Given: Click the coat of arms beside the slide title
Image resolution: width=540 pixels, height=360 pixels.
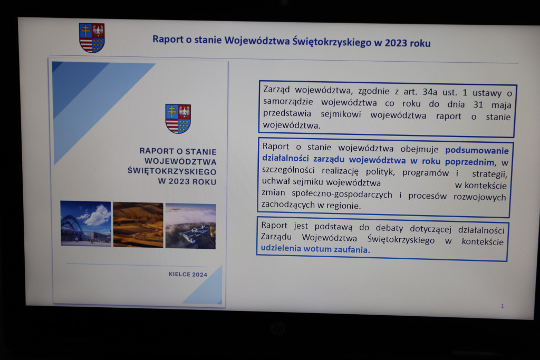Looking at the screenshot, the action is pos(92,38).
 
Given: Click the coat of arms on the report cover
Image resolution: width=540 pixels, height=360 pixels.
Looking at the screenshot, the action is pos(178,119).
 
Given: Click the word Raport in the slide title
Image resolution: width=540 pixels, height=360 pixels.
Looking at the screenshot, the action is pos(168,39).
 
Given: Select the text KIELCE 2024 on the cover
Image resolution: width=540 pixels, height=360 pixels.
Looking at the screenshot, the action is pos(188,274).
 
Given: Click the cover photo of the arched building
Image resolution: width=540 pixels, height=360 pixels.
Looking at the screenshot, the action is pos(86,223).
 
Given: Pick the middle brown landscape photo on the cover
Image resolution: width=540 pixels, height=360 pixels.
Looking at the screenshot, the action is pos(138,225).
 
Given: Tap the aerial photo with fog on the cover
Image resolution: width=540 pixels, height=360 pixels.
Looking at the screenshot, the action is pos(190,226).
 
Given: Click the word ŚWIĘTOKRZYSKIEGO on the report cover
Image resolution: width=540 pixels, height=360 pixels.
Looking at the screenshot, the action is pos(172,171).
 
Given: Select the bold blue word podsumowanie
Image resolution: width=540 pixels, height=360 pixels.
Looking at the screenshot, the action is pos(477,150).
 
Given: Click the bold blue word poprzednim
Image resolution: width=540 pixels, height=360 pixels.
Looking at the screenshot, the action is pos(470,162).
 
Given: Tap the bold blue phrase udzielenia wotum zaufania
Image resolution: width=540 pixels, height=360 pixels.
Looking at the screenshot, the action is pos(315,249).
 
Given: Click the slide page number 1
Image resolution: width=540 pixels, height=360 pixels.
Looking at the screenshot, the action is pos(503,306).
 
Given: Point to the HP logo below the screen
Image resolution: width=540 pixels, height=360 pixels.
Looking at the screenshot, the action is pos(277,328).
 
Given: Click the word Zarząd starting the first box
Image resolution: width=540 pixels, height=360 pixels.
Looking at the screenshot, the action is pos(276,90).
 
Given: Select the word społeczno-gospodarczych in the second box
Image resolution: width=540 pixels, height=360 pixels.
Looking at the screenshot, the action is pos(342,194).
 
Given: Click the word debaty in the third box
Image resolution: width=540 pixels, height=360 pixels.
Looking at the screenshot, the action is pos(390,228).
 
